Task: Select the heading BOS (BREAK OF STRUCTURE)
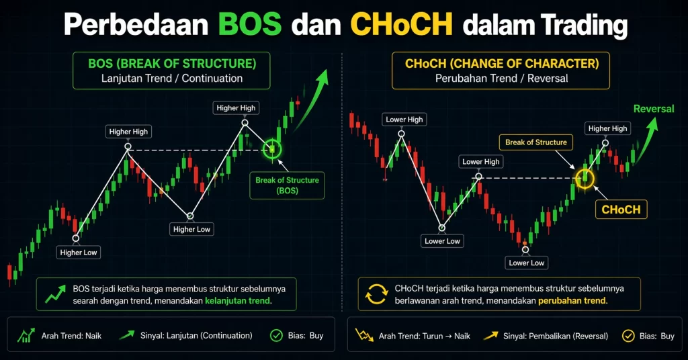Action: click(x=172, y=64)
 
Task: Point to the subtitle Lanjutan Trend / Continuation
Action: click(x=172, y=79)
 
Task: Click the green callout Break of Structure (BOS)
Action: click(x=287, y=185)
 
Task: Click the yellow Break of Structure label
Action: click(x=535, y=142)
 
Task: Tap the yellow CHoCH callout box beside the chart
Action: click(x=621, y=210)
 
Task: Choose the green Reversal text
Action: click(x=653, y=109)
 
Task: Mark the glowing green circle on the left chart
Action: click(x=272, y=148)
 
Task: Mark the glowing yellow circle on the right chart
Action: click(x=585, y=177)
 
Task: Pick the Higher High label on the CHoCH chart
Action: click(x=607, y=128)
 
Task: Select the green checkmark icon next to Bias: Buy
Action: click(x=275, y=335)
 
